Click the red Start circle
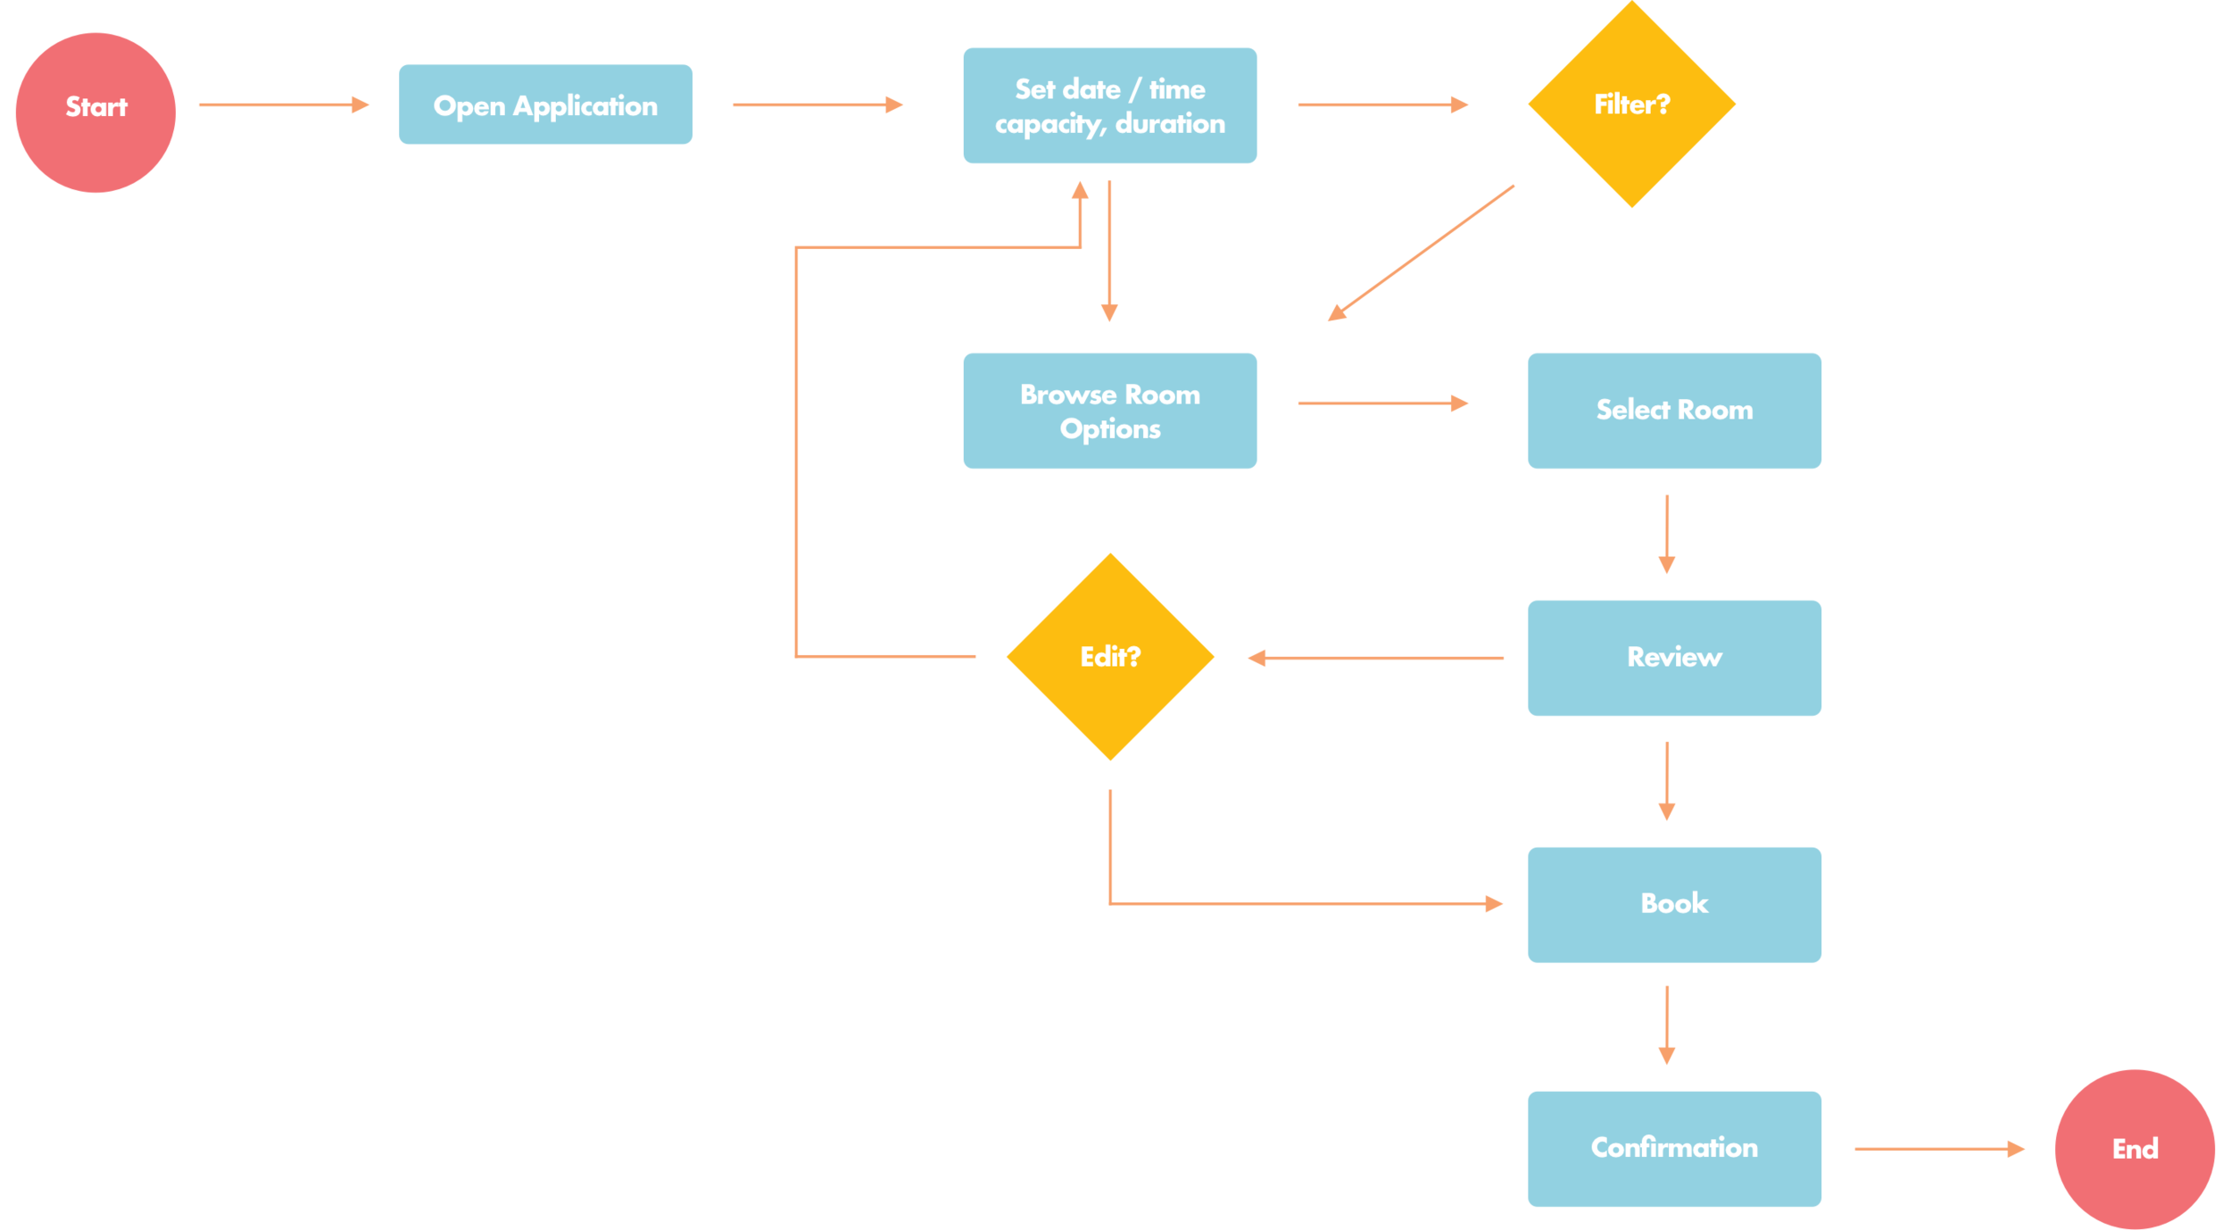95,112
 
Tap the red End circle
2134,1149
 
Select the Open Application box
545,104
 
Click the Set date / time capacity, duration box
1109,105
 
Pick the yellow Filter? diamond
1631,104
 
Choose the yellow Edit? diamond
1109,657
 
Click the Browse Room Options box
1109,411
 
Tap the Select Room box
1674,411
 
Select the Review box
1674,658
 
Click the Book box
1674,904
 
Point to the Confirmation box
1674,1149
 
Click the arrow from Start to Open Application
283,104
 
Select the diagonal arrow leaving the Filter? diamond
1421,252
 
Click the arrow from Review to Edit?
1374,658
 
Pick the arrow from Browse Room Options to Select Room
1382,403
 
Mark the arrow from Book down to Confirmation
1666,1025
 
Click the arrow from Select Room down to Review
1666,533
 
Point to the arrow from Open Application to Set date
817,104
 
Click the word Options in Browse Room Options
1109,429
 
